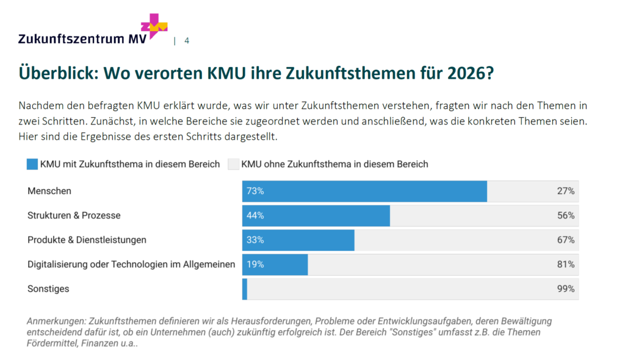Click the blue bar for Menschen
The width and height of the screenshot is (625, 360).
pyautogui.click(x=364, y=191)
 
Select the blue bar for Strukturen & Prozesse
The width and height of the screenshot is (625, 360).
pyautogui.click(x=316, y=215)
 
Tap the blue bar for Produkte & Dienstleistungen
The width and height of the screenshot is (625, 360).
pyautogui.click(x=298, y=240)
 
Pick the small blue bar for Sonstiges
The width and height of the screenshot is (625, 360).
pyautogui.click(x=245, y=289)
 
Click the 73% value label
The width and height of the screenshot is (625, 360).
pyautogui.click(x=255, y=191)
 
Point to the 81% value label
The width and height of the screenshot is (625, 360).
pyautogui.click(x=566, y=264)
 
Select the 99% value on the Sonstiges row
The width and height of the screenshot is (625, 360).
pyautogui.click(x=566, y=289)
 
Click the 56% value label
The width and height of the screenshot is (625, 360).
pyautogui.click(x=566, y=215)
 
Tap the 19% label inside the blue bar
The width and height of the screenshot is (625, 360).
pyautogui.click(x=255, y=264)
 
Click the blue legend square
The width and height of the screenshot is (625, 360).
pyautogui.click(x=32, y=164)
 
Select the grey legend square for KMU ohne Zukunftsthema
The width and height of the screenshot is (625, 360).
pyautogui.click(x=233, y=164)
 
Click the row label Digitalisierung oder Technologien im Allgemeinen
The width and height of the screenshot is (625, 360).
pyautogui.click(x=131, y=264)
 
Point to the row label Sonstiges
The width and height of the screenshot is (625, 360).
pyautogui.click(x=48, y=289)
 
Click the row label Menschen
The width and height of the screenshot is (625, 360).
pyautogui.click(x=49, y=191)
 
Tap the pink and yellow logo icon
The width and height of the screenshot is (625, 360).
pyautogui.click(x=154, y=26)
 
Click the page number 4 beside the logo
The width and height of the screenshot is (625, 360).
pyautogui.click(x=187, y=41)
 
